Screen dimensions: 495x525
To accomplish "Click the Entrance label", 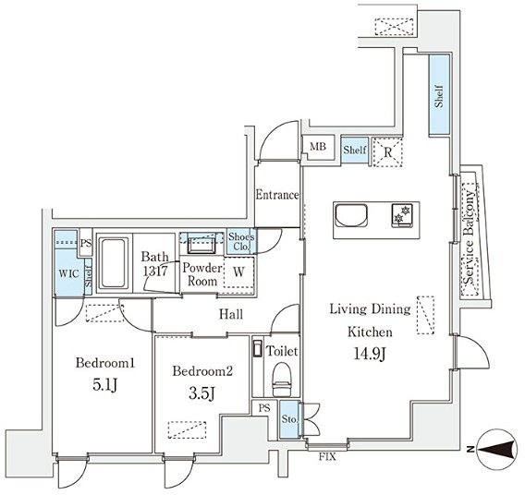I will [277, 195].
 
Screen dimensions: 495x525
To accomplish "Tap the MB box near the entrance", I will [317, 147].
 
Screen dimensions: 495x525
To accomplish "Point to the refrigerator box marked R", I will [387, 150].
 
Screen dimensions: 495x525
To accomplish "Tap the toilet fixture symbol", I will [283, 378].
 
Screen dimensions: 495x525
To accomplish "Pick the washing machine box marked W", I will [238, 272].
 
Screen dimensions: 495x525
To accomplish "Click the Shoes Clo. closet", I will [241, 241].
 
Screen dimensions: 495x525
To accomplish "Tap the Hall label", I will [231, 315].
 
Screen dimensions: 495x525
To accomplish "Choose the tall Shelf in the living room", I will [439, 95].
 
